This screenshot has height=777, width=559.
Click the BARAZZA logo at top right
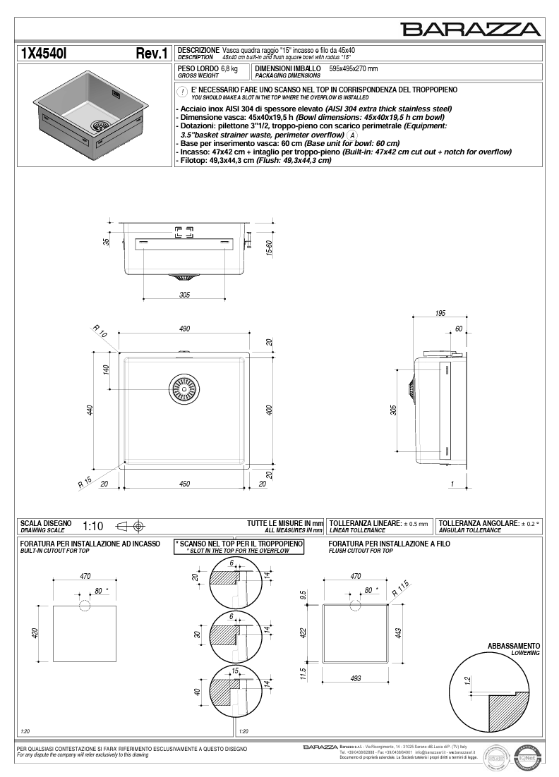471,29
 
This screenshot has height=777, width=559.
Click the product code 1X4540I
44,54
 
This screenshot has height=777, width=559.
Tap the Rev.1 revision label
151,54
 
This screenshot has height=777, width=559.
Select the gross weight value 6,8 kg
229,68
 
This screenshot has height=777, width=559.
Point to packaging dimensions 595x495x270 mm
354,69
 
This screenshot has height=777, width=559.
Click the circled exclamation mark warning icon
182,92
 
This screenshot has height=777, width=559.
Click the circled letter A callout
352,135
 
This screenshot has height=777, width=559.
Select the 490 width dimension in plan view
184,329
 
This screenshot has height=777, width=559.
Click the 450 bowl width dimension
184,484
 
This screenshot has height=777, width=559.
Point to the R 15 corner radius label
85,483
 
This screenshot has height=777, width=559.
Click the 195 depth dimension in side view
440,313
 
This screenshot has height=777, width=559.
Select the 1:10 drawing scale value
93,526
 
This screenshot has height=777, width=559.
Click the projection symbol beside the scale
131,526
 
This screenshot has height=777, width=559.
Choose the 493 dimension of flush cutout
356,678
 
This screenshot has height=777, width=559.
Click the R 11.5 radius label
400,589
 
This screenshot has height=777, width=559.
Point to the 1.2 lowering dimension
467,680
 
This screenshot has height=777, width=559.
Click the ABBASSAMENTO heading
514,646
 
